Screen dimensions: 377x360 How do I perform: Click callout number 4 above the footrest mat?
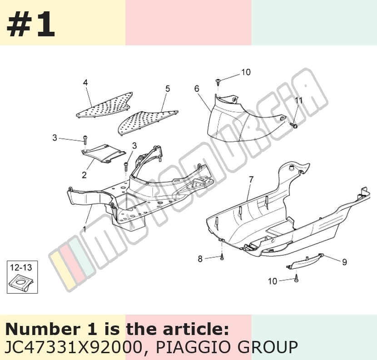85,83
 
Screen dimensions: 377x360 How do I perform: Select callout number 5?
168,89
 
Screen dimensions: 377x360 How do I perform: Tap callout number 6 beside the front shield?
197,89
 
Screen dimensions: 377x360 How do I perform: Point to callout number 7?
251,179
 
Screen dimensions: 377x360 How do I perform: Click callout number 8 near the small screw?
200,259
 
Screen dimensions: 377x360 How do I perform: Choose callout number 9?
345,262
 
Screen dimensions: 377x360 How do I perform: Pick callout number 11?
298,100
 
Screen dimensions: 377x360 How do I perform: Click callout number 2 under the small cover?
84,175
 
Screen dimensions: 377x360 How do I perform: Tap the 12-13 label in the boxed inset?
21,267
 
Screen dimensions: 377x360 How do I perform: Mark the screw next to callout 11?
293,125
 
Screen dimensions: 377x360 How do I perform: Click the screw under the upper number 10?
218,82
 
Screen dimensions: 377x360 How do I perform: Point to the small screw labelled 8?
222,257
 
